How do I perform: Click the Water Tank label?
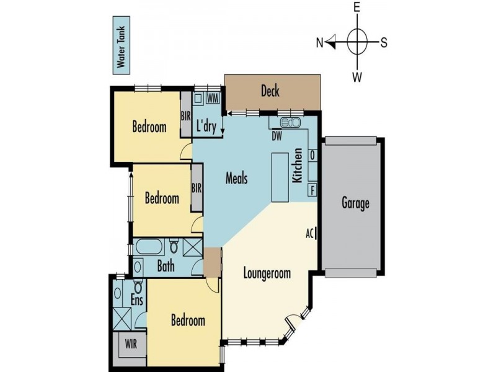121,47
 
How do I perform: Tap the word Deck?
270,91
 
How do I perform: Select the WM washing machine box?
213,99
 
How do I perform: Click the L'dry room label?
206,126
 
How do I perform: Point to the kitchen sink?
290,122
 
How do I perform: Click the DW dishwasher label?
277,136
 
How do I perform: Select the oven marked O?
312,156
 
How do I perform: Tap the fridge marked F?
312,190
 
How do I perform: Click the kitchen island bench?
280,177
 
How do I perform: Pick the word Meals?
236,178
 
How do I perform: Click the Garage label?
355,203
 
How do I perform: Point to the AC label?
309,234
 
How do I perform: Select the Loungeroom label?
267,273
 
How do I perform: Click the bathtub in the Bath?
149,247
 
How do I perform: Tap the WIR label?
131,343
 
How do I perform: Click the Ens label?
136,300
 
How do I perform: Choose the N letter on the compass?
320,43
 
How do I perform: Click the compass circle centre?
357,42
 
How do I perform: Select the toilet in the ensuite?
138,286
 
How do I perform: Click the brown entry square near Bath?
212,262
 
